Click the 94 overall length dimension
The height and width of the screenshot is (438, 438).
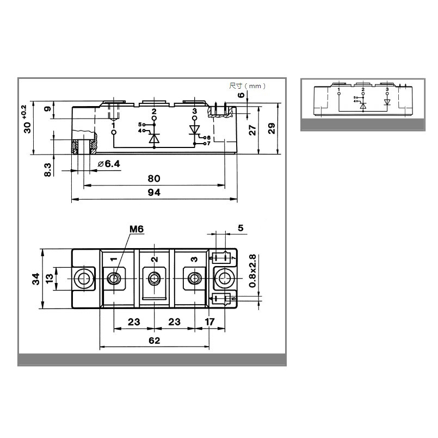(x=154, y=193)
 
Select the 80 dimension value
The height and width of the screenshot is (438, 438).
(x=154, y=178)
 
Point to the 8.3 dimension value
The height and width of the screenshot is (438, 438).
(x=48, y=169)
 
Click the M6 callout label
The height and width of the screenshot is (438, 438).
(x=136, y=229)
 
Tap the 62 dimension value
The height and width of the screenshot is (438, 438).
(x=154, y=341)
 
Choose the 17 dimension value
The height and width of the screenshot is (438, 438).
(x=209, y=322)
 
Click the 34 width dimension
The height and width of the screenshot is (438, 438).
(x=35, y=279)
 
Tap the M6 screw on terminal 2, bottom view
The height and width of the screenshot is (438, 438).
(x=154, y=279)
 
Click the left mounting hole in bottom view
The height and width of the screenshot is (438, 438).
(x=83, y=279)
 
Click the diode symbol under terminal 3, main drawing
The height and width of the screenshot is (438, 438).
(x=195, y=129)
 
